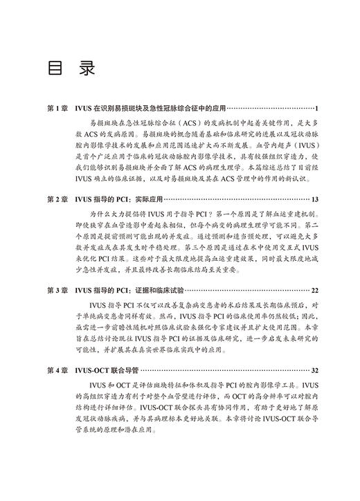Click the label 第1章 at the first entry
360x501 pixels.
(x=57, y=109)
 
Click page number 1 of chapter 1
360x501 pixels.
(x=316, y=109)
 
